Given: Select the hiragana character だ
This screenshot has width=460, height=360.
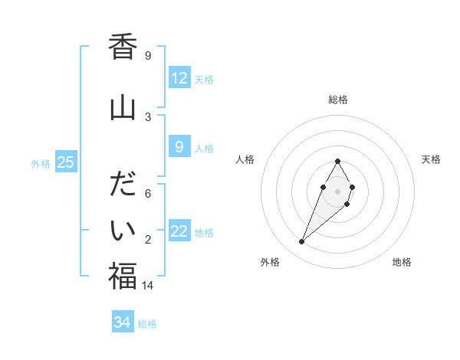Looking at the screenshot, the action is [123, 185].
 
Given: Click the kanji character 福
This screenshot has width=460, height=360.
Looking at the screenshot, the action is [123, 275].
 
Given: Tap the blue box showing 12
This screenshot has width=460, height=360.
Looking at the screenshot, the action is [179, 78].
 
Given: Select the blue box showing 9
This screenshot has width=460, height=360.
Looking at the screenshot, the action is [179, 147].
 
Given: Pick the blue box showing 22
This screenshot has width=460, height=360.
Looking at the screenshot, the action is [179, 231].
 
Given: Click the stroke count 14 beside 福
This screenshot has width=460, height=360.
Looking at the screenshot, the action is [147, 285].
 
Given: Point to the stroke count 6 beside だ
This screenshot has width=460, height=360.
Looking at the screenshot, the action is [147, 193].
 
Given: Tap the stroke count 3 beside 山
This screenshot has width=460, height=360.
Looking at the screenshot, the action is [147, 116].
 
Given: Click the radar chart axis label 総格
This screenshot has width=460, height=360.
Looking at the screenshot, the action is [338, 100].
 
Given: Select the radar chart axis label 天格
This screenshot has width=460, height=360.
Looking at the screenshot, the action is [431, 159].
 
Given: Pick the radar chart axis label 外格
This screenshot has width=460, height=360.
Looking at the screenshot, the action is [270, 262].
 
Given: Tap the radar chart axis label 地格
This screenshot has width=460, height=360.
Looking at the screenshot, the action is [402, 262].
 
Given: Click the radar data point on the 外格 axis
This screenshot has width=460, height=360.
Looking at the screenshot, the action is [302, 242].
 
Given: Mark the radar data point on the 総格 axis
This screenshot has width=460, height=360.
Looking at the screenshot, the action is [338, 162].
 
